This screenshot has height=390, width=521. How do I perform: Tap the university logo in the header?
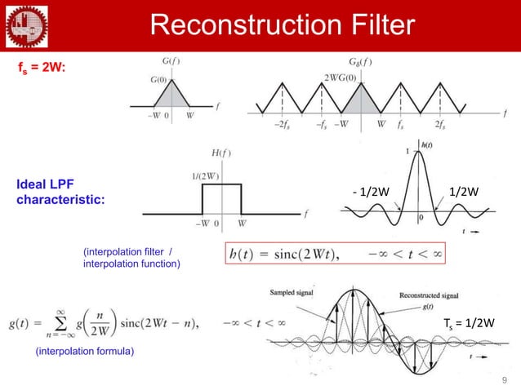coord(24,24)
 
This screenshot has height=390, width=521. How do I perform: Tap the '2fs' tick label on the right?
coord(440,126)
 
